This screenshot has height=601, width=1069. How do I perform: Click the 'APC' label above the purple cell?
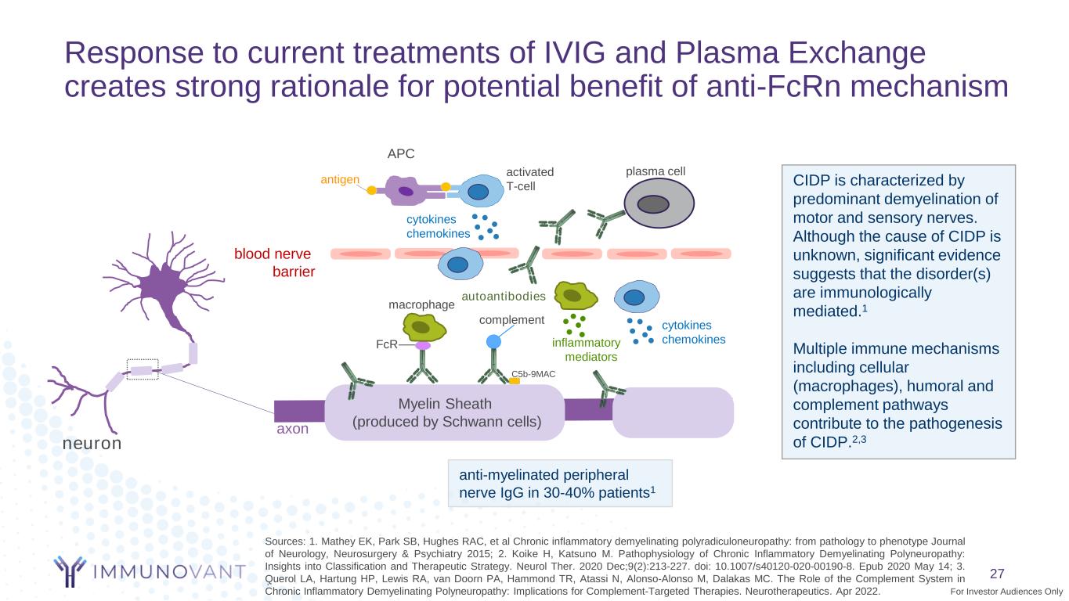pyautogui.click(x=401, y=154)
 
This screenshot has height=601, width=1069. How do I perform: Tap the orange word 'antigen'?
pyautogui.click(x=340, y=180)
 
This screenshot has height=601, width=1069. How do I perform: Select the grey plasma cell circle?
pyautogui.click(x=652, y=203)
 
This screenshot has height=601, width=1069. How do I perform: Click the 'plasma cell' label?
pyautogui.click(x=656, y=171)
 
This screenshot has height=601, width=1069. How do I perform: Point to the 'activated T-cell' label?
pyautogui.click(x=529, y=178)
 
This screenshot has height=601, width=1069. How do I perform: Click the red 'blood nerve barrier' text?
pyautogui.click(x=274, y=263)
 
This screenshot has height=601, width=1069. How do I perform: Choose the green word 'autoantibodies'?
pyautogui.click(x=503, y=297)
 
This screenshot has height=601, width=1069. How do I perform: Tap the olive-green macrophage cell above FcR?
pyautogui.click(x=423, y=327)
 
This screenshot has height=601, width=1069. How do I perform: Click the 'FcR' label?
pyautogui.click(x=387, y=344)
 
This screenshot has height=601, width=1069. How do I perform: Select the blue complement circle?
pyautogui.click(x=493, y=341)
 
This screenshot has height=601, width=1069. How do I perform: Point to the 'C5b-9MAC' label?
pyautogui.click(x=533, y=374)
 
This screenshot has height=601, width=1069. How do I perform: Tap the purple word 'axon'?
pyautogui.click(x=291, y=430)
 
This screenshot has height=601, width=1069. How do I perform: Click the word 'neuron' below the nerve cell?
pyautogui.click(x=92, y=443)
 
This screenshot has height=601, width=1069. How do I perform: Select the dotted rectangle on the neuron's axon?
pyautogui.click(x=143, y=369)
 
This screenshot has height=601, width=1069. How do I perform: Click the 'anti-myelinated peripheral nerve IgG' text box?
pyautogui.click(x=560, y=484)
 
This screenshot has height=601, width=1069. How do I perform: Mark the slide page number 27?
pyautogui.click(x=997, y=573)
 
